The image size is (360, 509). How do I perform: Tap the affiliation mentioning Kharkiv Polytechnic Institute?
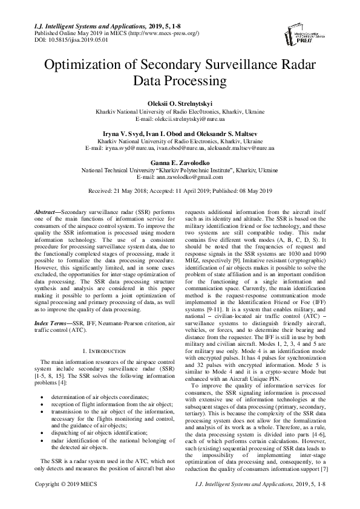pyautogui.click(x=180, y=170)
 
